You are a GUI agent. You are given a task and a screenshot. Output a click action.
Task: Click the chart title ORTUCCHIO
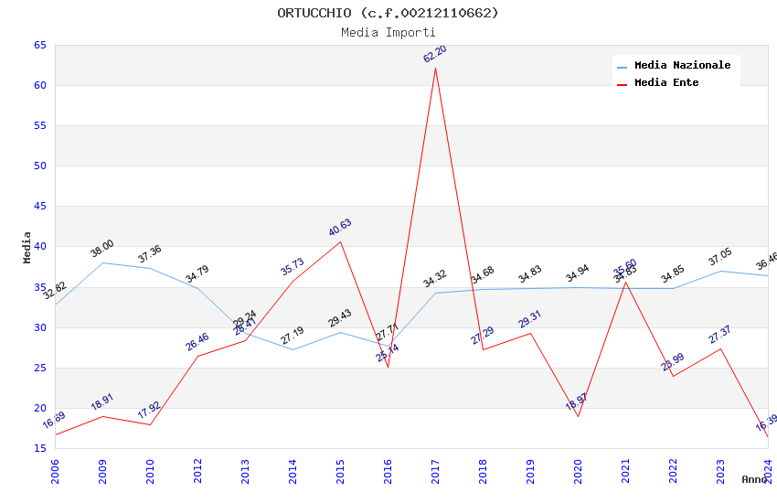pyautogui.click(x=388, y=13)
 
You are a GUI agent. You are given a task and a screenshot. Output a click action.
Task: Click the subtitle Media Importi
pyautogui.click(x=388, y=33)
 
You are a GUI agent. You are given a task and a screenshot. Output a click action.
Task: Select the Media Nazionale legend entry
pyautogui.click(x=682, y=66)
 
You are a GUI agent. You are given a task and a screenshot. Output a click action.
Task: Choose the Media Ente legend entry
pyautogui.click(x=665, y=83)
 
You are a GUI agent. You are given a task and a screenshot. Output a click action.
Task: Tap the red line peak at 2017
pyautogui.click(x=435, y=68)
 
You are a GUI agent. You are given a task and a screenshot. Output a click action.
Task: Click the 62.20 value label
pyautogui.click(x=435, y=54)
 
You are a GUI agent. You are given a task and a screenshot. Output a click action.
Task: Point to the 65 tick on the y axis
pyautogui.click(x=39, y=45)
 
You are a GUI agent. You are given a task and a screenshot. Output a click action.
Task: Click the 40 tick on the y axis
pyautogui.click(x=39, y=247)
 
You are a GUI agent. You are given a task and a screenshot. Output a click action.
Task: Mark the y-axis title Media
pyautogui.click(x=27, y=247)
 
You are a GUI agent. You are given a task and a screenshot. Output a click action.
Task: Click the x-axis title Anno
pyautogui.click(x=754, y=479)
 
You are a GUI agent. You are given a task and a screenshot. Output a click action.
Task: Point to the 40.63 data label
pyautogui.click(x=340, y=228)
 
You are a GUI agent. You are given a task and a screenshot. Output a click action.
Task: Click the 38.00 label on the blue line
pyautogui.click(x=102, y=249)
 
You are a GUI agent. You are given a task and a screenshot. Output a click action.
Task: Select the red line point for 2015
pyautogui.click(x=340, y=241)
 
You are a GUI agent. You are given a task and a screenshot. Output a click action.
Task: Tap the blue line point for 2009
pyautogui.click(x=102, y=262)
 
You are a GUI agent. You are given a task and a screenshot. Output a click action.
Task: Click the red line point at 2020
pyautogui.click(x=578, y=416)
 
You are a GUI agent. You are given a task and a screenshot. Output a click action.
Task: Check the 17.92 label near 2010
pyautogui.click(x=150, y=411)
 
